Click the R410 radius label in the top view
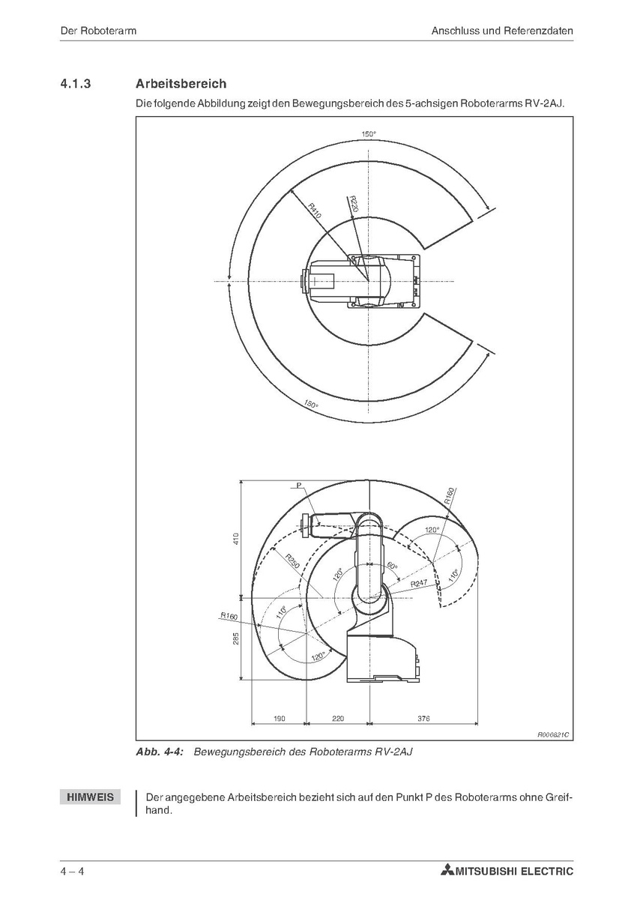click(315, 211)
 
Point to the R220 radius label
click(353, 205)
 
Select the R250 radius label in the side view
click(292, 562)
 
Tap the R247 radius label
click(419, 584)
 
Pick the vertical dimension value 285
click(235, 638)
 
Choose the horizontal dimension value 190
click(280, 718)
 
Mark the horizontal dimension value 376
click(424, 718)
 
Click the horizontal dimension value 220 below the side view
click(338, 718)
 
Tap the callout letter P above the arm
click(299, 486)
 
